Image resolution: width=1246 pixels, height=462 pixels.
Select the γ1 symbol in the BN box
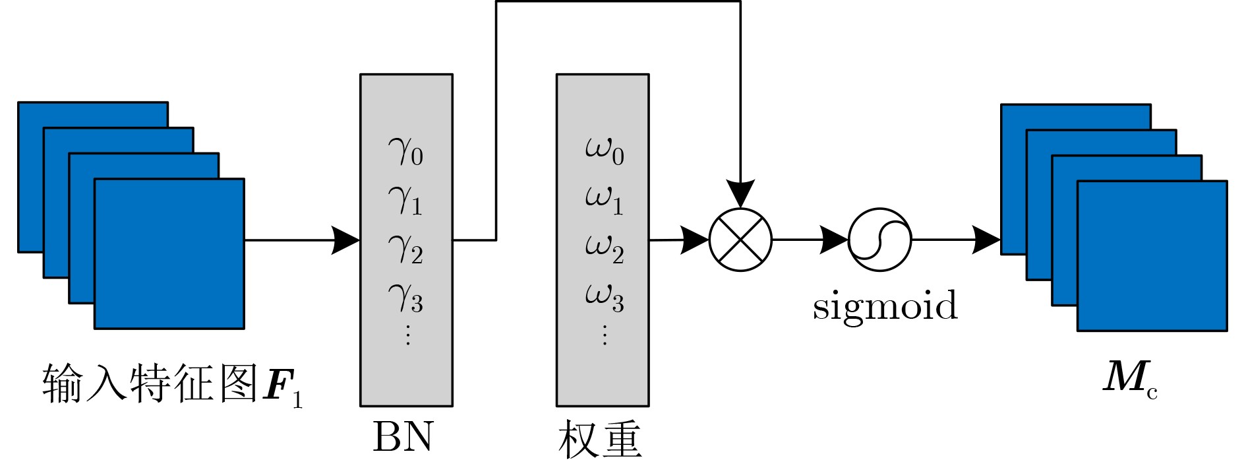(405, 200)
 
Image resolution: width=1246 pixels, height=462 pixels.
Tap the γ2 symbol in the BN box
(405, 249)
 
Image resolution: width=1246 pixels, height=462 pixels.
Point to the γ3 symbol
(405, 298)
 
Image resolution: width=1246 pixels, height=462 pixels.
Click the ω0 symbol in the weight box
(604, 151)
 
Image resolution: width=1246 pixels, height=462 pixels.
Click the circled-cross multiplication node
(740, 240)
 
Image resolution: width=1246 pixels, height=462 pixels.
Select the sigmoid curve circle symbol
(879, 240)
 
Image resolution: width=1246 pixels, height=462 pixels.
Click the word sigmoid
(885, 307)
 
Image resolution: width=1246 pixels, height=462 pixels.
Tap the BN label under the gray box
(403, 436)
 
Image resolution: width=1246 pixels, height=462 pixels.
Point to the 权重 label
(600, 438)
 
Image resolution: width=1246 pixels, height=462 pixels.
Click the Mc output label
(1130, 380)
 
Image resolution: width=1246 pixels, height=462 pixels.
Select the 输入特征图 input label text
(150, 383)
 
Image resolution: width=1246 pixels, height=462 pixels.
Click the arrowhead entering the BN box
(345, 240)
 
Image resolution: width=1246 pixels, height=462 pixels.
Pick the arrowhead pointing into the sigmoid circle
(834, 240)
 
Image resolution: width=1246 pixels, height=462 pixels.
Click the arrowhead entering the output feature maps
(986, 240)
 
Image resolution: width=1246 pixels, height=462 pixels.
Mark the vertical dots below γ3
(407, 335)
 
